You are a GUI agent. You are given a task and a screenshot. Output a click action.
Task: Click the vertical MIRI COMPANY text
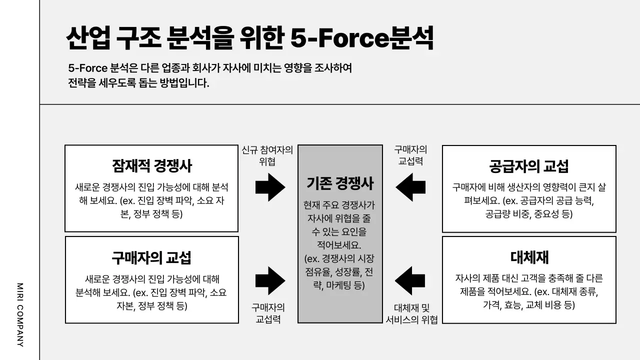tap(20, 314)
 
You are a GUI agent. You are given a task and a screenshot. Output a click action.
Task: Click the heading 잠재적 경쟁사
tap(151, 166)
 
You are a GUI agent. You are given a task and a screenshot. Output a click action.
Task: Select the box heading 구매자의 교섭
tap(151, 257)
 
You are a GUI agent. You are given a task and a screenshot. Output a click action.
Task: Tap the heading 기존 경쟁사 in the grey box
tap(340, 183)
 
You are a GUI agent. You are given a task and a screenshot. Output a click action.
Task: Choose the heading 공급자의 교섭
tap(528, 166)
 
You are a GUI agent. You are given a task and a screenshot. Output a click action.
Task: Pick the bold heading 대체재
tap(529, 257)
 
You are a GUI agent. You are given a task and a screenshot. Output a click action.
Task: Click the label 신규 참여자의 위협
tap(267, 156)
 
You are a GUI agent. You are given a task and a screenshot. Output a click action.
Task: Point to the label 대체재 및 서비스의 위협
tap(411, 314)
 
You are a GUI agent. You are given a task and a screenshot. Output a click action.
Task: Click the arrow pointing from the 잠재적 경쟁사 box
tap(270, 187)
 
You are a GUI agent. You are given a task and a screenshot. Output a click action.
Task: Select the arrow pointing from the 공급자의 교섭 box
tap(410, 187)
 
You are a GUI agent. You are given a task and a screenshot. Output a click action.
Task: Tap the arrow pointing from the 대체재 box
tap(410, 280)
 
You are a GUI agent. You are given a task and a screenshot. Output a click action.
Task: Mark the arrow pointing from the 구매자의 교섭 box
tap(270, 280)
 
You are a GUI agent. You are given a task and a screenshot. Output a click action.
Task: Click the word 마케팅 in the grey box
tap(339, 285)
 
